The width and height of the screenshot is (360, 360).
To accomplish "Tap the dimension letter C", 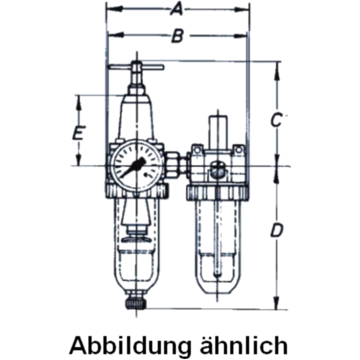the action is tap(276, 120).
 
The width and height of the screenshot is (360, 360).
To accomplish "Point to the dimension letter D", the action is tap(277, 230).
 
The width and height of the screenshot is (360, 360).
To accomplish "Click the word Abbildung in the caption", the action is tap(130, 345).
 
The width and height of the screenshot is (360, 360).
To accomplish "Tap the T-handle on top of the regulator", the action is tap(137, 67).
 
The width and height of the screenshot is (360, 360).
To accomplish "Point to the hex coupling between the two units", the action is tap(172, 165).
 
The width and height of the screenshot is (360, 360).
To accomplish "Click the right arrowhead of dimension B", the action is tap(241, 36).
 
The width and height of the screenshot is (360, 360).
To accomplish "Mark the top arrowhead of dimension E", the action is tap(79, 103).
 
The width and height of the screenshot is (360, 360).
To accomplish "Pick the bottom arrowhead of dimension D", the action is tap(277, 303).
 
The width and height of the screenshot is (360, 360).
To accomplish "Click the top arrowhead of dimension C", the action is tap(278, 70).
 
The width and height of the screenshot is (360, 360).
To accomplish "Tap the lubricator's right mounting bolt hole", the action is tap(239, 150).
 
